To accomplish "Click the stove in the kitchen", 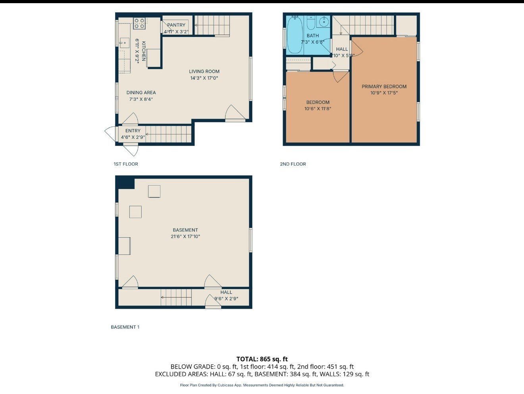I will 139,23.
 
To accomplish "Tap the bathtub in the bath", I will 295,35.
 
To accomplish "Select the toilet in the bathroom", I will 311,23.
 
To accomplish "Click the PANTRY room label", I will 176,25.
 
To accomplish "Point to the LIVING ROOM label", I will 204,71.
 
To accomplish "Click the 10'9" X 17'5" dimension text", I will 384,93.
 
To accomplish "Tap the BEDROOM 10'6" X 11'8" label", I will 318,105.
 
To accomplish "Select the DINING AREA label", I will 141,92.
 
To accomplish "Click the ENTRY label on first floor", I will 133,131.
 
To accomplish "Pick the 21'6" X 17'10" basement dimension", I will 185,236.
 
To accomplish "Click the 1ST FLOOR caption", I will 126,164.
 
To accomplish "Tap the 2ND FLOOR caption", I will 293,164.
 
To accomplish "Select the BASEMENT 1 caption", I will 125,327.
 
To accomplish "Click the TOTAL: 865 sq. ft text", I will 262,359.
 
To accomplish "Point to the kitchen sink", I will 123,42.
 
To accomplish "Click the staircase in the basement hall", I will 176,297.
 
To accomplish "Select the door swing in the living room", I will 234,113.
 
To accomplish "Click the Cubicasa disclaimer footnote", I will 262,385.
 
